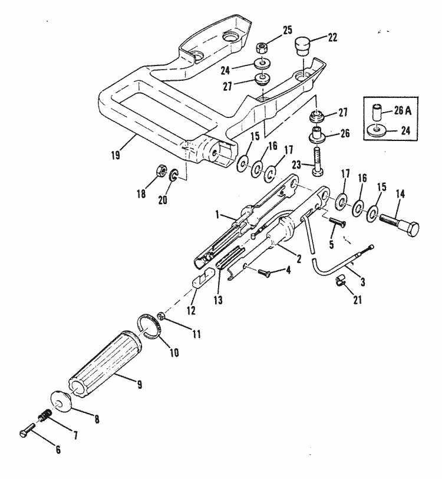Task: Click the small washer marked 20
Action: [x=174, y=175]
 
